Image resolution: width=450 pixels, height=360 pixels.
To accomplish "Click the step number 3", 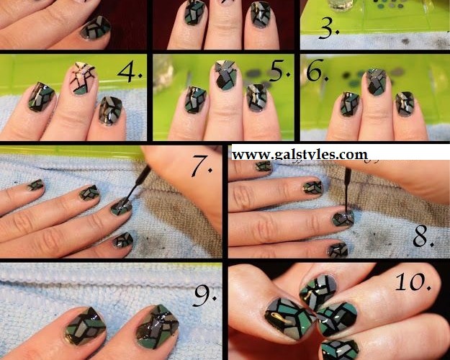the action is click(x=329, y=29).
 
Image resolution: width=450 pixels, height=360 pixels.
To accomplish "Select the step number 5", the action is click(x=279, y=71).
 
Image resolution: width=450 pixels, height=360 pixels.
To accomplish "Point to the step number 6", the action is click(x=317, y=71).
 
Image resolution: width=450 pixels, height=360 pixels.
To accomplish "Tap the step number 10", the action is click(x=413, y=282).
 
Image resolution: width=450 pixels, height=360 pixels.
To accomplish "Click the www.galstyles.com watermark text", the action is click(x=300, y=155).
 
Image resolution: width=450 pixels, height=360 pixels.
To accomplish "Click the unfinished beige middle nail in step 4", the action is click(x=82, y=78).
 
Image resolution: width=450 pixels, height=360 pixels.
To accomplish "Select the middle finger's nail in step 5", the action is click(x=225, y=75).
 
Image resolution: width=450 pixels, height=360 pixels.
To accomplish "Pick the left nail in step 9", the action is click(x=85, y=326).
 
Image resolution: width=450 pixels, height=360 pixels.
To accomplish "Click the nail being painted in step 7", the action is click(x=122, y=207).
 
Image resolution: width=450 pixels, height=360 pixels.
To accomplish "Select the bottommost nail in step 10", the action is click(x=340, y=350).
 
